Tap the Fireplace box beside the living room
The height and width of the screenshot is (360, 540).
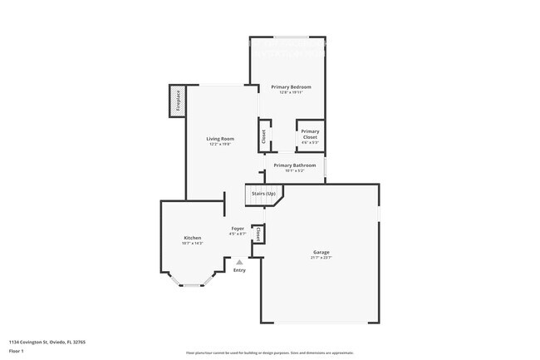[x=177, y=101]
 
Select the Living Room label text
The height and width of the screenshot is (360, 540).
[x=220, y=139]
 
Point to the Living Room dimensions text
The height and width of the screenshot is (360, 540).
[x=220, y=145]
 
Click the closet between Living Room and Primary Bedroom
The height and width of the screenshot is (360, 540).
[x=263, y=136]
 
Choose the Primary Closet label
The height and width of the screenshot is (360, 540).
[x=310, y=134]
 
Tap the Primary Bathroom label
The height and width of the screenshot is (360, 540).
[x=295, y=165]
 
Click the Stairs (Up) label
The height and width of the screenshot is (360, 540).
[x=263, y=194]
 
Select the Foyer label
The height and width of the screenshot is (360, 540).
[x=238, y=228]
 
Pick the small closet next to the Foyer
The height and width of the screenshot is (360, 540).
[x=258, y=235]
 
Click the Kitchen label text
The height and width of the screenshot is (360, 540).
[x=192, y=238]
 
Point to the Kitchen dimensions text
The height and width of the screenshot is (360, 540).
[x=192, y=244]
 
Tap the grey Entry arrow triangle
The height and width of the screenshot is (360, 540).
[x=239, y=262]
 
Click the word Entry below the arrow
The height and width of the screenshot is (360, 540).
[x=239, y=270]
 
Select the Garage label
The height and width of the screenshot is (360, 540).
[x=321, y=252]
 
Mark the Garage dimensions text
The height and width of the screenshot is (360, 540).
[x=321, y=258]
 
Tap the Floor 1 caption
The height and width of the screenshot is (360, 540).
[x=16, y=351]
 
